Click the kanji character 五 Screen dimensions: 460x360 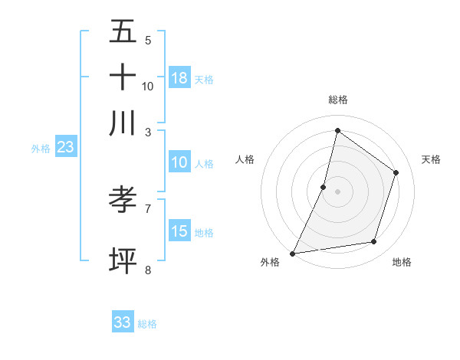coord(123,32)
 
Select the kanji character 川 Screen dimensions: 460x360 coord(123,123)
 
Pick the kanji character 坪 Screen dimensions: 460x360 coord(123,260)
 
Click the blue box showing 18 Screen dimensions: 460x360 coord(179,78)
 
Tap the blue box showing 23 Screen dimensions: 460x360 coord(65,147)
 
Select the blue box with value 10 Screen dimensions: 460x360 coord(179,162)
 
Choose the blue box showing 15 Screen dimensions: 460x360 coord(179,231)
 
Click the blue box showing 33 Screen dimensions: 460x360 coord(123,322)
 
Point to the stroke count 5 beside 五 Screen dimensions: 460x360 coord(148,40)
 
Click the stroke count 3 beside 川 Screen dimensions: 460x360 coord(148,132)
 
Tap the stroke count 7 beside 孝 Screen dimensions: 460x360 coord(148,208)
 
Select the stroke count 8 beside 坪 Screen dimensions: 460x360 coord(148,269)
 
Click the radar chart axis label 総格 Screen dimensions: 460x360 coord(337,100)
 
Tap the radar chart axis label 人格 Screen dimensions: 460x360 coord(245,159)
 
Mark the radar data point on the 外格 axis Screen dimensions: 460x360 coord(292,254)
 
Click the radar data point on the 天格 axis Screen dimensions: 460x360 coord(396,172)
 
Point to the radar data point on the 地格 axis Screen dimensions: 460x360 coord(374,242)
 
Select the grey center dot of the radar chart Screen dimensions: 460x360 coord(337,191)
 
